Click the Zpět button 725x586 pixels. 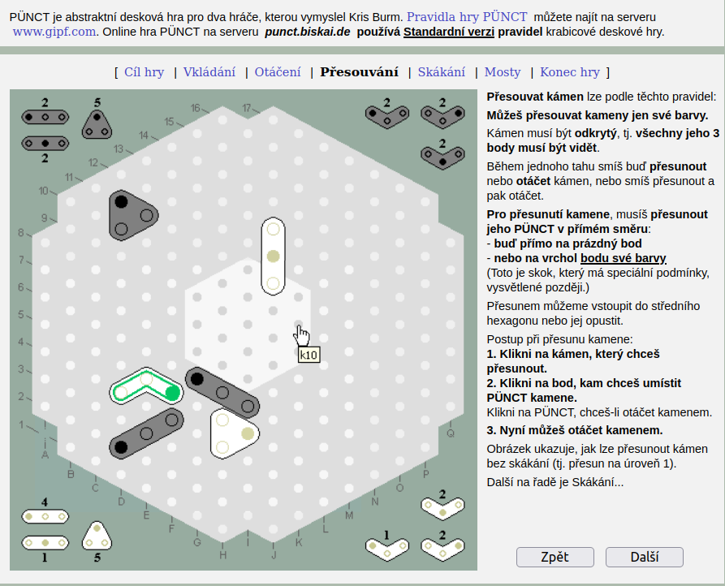(555, 557)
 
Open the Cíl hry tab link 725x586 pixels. (145, 72)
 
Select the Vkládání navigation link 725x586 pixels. (209, 72)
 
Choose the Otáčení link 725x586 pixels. (278, 72)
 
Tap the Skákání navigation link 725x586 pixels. (442, 72)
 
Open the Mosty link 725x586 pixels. (503, 72)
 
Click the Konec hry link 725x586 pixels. (570, 72)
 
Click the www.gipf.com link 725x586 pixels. (54, 32)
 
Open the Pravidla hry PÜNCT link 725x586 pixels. (467, 17)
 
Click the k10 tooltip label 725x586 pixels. (309, 355)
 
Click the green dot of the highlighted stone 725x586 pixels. (172, 394)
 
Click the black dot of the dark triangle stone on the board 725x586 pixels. (121, 202)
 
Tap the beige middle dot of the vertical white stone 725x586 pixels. (274, 256)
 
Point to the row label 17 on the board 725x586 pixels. (247, 108)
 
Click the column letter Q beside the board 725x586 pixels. (451, 433)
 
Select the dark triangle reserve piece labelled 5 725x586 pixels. (97, 124)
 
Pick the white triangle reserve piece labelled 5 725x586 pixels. (97, 536)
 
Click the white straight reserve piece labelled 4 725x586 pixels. (45, 516)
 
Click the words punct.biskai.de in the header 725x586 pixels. (308, 32)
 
